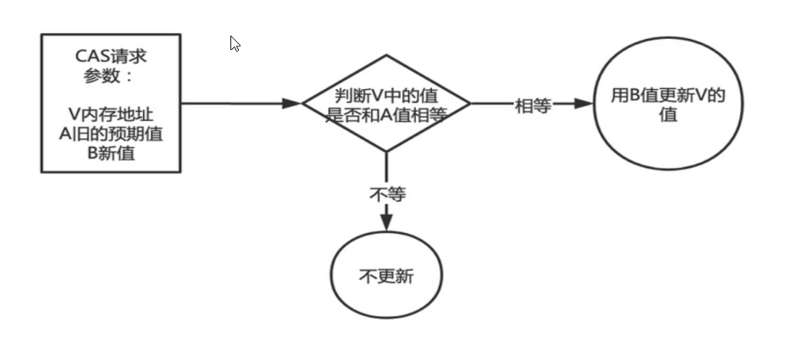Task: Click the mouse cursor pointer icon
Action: [x=235, y=43]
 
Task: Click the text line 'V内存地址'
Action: [x=111, y=113]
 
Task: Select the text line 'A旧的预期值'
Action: [x=111, y=133]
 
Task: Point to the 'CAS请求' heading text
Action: [x=111, y=57]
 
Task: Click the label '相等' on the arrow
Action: [x=533, y=105]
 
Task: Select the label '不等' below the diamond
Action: [x=387, y=195]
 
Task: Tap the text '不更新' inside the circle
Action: [x=386, y=277]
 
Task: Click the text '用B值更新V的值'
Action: [x=668, y=105]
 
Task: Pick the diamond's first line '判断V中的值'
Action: [x=387, y=95]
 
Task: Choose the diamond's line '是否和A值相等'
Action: [x=387, y=115]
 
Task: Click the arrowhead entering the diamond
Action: [x=292, y=103]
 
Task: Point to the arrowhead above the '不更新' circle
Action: [x=387, y=222]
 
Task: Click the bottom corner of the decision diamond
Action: [x=387, y=152]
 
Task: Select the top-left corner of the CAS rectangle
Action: [x=42, y=35]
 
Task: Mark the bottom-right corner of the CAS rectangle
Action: [x=180, y=172]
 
